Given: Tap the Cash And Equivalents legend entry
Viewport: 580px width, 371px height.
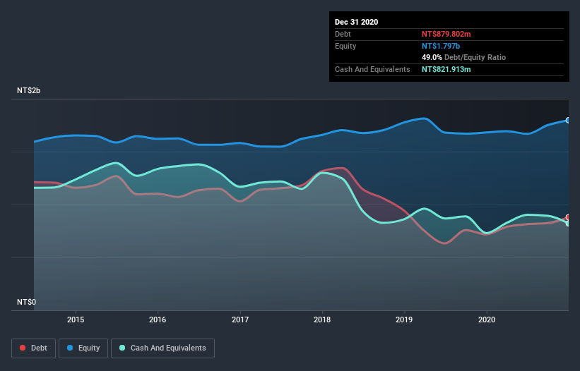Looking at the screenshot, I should point(162,348).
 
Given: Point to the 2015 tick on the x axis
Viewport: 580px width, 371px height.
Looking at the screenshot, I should point(76,319).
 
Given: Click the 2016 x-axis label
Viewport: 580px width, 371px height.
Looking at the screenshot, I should point(158,319).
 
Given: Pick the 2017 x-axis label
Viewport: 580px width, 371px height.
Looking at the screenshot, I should point(240,319).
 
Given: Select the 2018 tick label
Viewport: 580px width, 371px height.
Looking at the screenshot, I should point(322,319).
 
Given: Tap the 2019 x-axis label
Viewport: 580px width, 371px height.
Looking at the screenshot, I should point(405,319).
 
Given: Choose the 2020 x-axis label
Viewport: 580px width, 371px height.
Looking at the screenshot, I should point(487,319).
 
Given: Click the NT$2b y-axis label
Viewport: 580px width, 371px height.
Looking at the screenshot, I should point(30,91).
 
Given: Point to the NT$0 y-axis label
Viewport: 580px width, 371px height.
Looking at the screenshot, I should point(26,302).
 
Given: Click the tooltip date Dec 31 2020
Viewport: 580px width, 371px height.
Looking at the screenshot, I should point(357,22).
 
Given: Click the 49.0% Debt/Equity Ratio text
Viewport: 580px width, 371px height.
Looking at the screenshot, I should point(463,57).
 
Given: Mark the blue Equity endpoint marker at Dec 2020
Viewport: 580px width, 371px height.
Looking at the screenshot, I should point(568,121).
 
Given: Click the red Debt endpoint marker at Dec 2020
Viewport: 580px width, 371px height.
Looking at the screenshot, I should point(568,217).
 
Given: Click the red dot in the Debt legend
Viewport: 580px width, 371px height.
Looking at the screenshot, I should point(23,348).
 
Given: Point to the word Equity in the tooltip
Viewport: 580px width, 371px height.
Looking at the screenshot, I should point(346,46).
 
